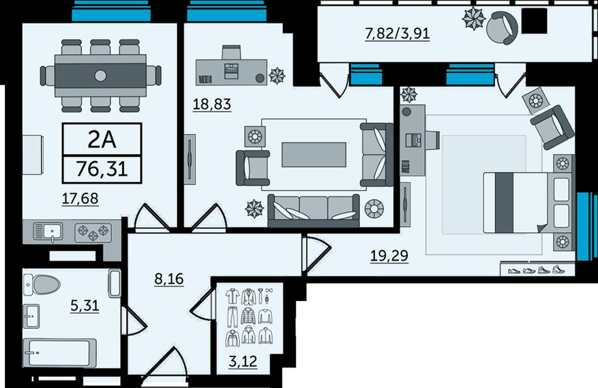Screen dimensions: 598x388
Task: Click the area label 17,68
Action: tap(80, 198)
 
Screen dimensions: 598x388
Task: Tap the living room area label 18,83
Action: tap(212, 104)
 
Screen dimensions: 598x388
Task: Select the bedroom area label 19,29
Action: tap(390, 256)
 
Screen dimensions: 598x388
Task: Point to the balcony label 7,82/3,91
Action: tap(397, 33)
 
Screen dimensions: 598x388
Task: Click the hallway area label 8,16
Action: tap(169, 279)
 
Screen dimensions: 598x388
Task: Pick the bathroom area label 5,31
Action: tap(85, 305)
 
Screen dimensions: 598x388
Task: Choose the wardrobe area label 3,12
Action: tap(243, 361)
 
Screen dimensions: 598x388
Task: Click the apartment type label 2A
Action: tap(102, 140)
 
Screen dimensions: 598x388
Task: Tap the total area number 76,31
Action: tap(102, 169)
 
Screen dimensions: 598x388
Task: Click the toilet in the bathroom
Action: tap(42, 285)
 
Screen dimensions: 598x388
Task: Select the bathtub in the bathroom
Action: tap(59, 353)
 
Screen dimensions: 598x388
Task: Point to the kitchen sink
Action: tap(48, 232)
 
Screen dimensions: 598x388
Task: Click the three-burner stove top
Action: tap(93, 232)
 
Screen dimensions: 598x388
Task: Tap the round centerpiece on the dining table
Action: tap(101, 76)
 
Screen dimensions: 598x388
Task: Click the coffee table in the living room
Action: tap(314, 154)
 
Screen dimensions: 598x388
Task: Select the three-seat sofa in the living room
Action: tap(313, 210)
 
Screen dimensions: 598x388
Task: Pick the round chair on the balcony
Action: tap(502, 28)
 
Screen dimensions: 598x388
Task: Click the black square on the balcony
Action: tap(534, 21)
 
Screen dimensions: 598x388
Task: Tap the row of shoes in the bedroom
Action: tap(536, 270)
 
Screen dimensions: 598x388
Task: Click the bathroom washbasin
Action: tap(31, 316)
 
